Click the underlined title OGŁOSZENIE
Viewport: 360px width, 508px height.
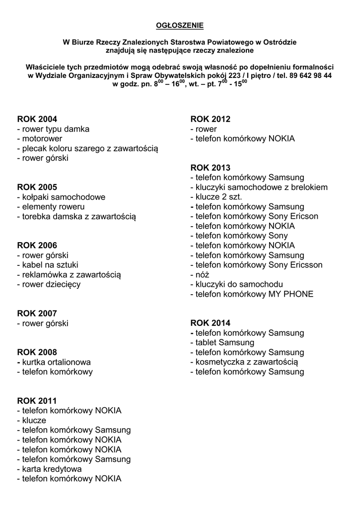click(180, 24)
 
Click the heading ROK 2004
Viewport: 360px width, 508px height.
click(37, 119)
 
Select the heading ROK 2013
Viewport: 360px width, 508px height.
click(211, 168)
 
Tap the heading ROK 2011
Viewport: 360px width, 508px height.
click(37, 401)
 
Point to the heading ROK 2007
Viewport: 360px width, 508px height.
click(37, 314)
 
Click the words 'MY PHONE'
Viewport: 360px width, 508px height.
click(290, 294)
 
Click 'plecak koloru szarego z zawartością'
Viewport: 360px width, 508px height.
click(87, 148)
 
